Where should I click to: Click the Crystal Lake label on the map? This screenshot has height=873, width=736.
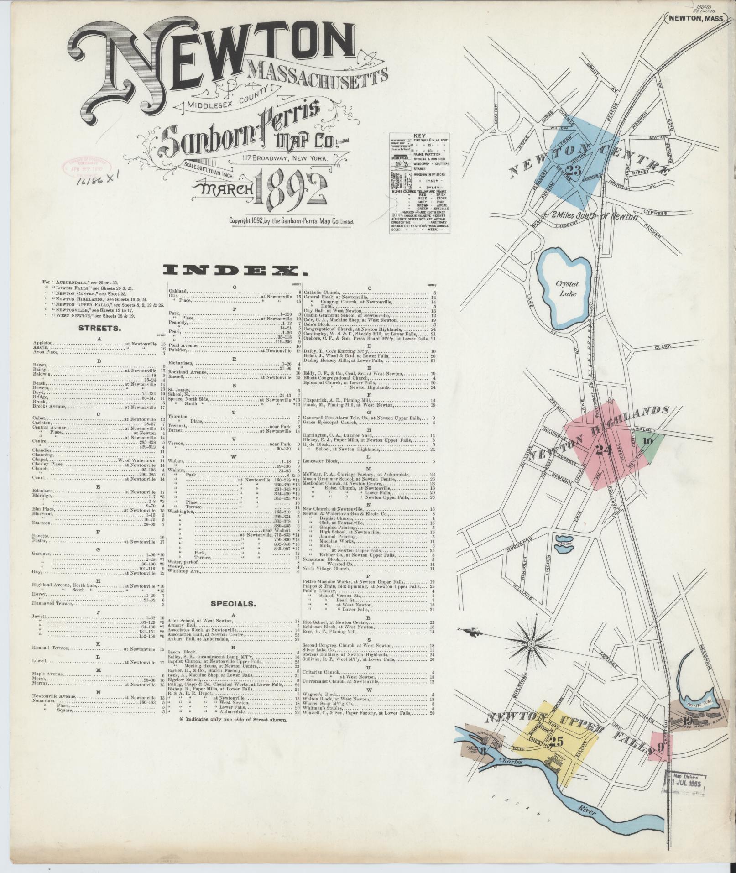(566, 288)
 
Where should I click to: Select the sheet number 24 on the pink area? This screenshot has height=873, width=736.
(604, 450)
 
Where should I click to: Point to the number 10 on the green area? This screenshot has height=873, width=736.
(648, 440)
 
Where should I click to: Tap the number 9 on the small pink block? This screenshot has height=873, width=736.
(660, 748)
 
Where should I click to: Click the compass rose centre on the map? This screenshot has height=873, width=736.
(531, 644)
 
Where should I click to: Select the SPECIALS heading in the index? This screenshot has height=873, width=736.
(233, 603)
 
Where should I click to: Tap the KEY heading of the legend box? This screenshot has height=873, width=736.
(418, 136)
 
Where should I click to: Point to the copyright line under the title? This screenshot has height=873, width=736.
(292, 221)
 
